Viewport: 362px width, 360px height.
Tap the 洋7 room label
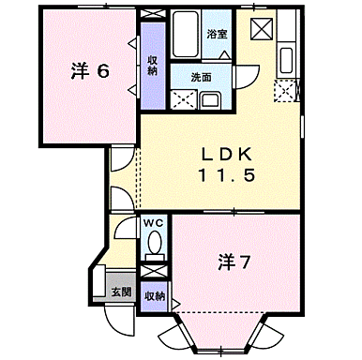[233, 263]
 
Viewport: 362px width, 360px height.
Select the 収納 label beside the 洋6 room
[152, 64]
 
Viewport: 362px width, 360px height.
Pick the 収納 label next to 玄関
[156, 295]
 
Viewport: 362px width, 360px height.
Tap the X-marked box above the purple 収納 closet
[152, 25]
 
